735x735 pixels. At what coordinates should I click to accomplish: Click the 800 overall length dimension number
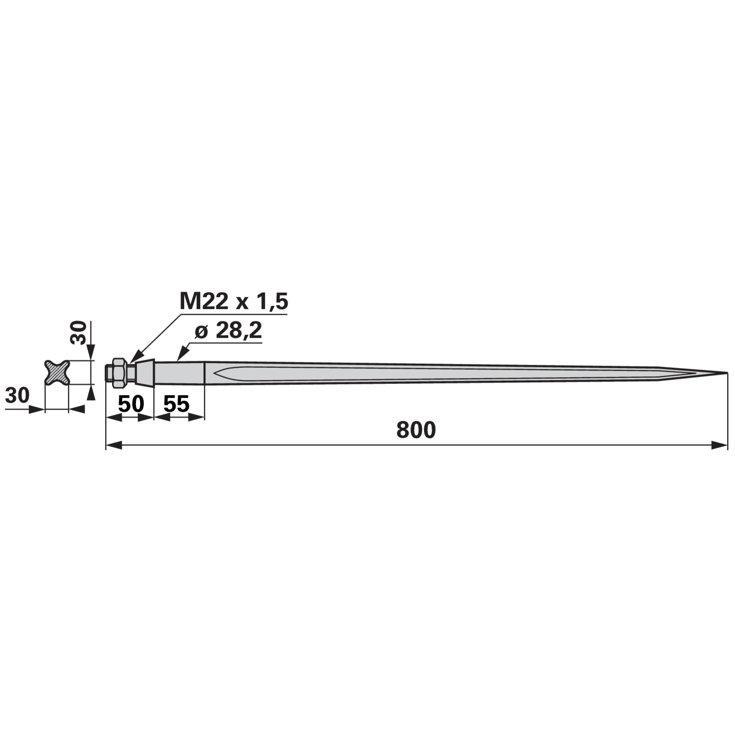click(416, 430)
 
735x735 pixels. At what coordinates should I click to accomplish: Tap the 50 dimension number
click(131, 404)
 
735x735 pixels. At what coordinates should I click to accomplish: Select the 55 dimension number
click(176, 404)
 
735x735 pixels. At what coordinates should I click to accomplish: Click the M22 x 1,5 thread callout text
click(234, 302)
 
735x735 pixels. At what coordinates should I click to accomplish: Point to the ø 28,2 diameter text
click(228, 330)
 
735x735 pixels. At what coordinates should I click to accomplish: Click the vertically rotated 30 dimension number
click(79, 333)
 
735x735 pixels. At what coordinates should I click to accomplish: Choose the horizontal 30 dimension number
click(17, 395)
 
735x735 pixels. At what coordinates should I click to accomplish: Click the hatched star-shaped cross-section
click(57, 372)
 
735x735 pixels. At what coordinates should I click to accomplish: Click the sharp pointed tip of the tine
click(727, 373)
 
